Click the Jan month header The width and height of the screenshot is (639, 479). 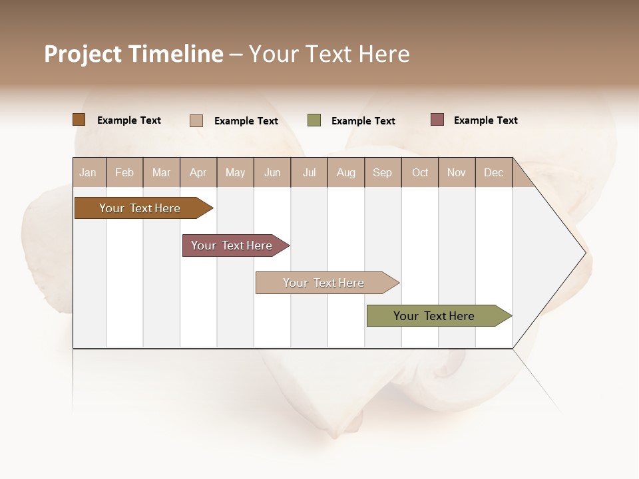pyautogui.click(x=89, y=172)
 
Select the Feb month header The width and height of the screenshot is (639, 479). pyautogui.click(x=124, y=172)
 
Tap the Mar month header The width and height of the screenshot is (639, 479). pyautogui.click(x=161, y=172)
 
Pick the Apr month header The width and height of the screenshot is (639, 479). pyautogui.click(x=198, y=172)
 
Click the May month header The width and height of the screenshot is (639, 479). pyautogui.click(x=235, y=172)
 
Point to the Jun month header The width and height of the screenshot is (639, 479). pyautogui.click(x=272, y=172)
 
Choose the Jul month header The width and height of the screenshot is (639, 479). pyautogui.click(x=309, y=172)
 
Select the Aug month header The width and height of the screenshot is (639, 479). pyautogui.click(x=346, y=172)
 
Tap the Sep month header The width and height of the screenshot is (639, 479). pyautogui.click(x=383, y=172)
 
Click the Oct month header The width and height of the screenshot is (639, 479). pyautogui.click(x=420, y=172)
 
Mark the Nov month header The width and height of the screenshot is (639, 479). pyautogui.click(x=457, y=172)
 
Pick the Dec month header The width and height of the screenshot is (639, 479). pyautogui.click(x=494, y=172)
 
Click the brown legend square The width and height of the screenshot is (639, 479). pyautogui.click(x=79, y=120)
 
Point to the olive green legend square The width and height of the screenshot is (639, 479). pyautogui.click(x=314, y=120)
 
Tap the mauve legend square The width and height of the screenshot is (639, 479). pyautogui.click(x=437, y=120)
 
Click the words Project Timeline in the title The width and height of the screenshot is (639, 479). pyautogui.click(x=134, y=54)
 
